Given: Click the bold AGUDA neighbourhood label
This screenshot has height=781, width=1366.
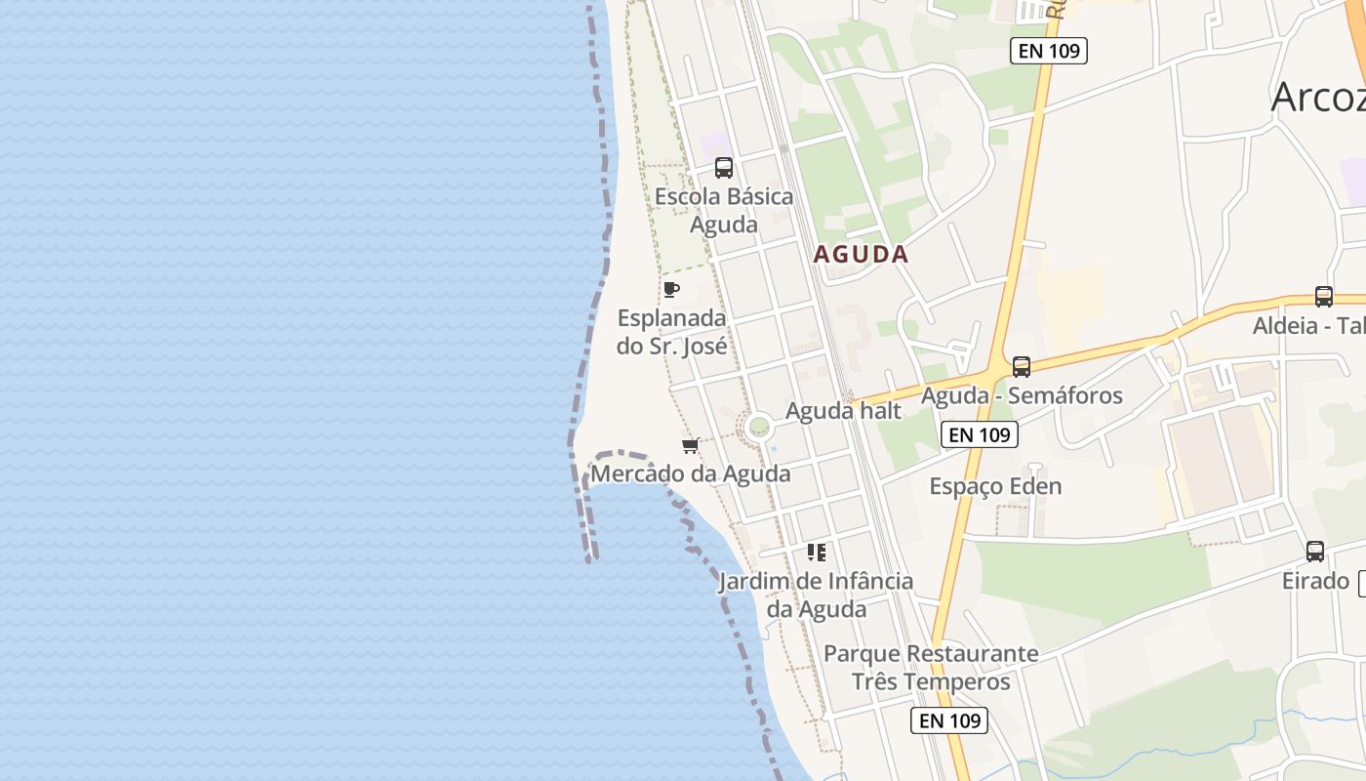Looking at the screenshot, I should click(x=861, y=255).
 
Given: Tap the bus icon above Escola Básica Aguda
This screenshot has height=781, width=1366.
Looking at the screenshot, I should click(x=723, y=168).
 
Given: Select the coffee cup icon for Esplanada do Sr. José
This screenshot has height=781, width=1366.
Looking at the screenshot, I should click(x=670, y=289).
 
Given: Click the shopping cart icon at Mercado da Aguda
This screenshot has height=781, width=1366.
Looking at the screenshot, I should click(x=690, y=446).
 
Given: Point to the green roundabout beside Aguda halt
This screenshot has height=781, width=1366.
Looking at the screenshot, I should click(x=758, y=428).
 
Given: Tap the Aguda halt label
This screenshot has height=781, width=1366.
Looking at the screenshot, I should click(x=843, y=411).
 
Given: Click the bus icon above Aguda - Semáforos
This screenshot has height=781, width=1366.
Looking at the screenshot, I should click(x=1021, y=367).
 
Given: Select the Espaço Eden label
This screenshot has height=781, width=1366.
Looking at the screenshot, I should click(x=995, y=486).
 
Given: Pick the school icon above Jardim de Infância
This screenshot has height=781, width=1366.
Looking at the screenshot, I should click(x=817, y=553).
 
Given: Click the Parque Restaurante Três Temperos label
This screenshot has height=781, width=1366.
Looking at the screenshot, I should click(x=931, y=667).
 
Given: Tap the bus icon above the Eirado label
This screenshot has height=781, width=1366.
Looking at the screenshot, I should click(x=1315, y=552).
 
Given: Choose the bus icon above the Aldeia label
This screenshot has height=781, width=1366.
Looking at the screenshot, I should click(x=1323, y=297).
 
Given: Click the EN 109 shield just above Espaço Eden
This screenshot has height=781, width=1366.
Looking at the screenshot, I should click(x=979, y=435).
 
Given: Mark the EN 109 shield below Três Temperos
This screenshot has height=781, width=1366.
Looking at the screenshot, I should click(x=948, y=721).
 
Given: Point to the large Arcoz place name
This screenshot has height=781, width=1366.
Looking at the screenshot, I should click(x=1317, y=98).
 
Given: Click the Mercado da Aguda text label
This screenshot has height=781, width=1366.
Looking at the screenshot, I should click(x=691, y=474).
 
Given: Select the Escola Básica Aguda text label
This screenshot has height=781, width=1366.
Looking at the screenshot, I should click(x=723, y=210).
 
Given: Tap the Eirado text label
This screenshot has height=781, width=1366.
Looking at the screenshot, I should click(x=1315, y=582).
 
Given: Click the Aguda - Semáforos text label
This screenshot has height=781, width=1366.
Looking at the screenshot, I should click(x=1022, y=396).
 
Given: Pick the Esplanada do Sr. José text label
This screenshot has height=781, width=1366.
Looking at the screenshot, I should click(x=671, y=332).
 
